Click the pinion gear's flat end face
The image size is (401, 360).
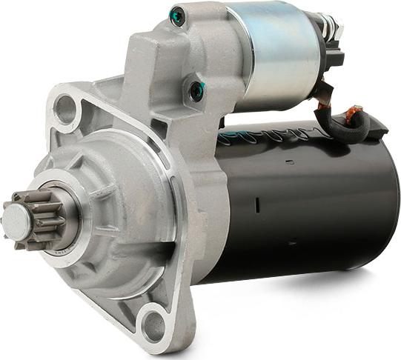16,218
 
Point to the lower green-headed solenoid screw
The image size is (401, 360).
196,91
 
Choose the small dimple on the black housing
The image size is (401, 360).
291,240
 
